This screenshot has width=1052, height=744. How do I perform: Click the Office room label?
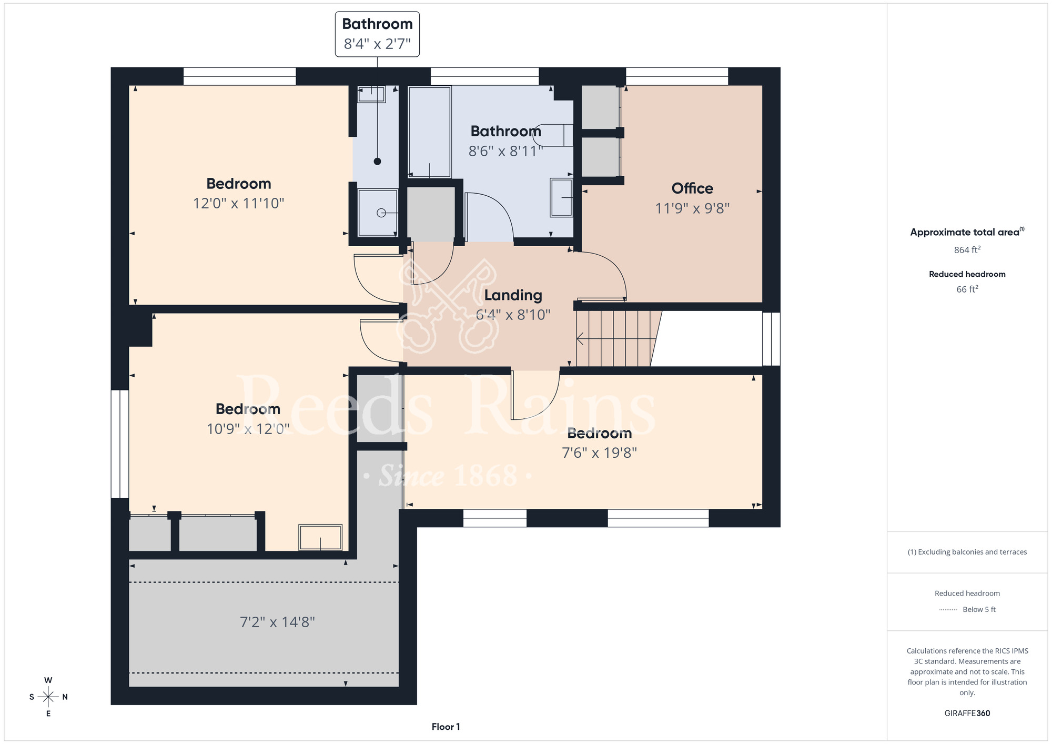tap(692, 188)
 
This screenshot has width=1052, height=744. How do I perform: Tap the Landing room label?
tap(513, 295)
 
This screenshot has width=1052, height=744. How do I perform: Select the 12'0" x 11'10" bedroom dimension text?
tap(238, 204)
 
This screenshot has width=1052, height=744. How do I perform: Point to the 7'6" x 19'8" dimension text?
tap(599, 453)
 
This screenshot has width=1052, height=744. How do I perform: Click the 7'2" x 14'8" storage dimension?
tap(277, 622)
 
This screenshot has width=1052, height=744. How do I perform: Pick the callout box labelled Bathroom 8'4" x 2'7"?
tap(377, 34)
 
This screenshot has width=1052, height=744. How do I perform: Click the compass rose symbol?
tap(48, 697)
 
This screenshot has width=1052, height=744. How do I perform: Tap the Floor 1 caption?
tap(446, 727)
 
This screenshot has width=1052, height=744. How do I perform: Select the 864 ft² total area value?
tap(967, 250)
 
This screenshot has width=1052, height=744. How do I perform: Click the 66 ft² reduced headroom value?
tap(967, 289)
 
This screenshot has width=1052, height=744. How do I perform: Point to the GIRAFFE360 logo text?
tap(967, 713)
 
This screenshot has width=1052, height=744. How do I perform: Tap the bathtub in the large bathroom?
tap(430, 132)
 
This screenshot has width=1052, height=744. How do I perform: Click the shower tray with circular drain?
tap(378, 213)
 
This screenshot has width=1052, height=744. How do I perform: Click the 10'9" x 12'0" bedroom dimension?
tap(248, 429)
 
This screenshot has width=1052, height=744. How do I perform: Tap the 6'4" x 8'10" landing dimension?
tap(513, 315)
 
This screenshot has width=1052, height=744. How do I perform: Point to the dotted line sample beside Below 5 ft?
tap(948, 610)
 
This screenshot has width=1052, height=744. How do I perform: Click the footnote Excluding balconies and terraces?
tap(967, 552)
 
